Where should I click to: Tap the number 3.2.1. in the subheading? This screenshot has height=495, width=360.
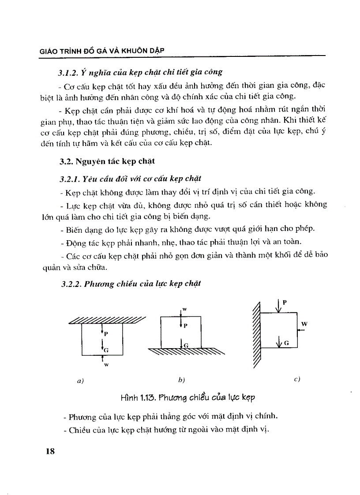[x=71, y=179]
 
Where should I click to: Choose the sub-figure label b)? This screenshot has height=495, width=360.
[x=181, y=380]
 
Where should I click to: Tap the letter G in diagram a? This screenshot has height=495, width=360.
[x=106, y=350]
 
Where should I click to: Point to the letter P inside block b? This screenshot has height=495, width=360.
[x=186, y=326]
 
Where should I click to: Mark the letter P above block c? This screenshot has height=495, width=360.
[x=285, y=302]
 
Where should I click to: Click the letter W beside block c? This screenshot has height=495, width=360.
[x=304, y=324]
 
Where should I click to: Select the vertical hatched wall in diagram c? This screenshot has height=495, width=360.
[x=255, y=331]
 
